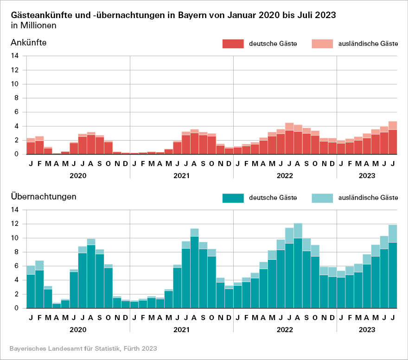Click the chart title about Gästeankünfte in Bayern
(x=173, y=15)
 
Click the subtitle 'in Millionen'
(x=33, y=26)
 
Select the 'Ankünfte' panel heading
(x=29, y=43)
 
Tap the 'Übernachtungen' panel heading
(x=43, y=197)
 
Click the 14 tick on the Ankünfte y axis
(x=15, y=56)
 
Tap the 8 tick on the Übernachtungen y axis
(x=16, y=252)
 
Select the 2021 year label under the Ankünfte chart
(x=181, y=176)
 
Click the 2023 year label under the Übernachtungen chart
(x=367, y=330)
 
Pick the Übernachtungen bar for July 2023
(x=393, y=269)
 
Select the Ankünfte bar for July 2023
(x=393, y=139)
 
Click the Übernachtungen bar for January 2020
(x=31, y=288)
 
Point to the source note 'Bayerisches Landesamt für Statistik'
(x=83, y=348)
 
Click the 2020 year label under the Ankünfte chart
(x=78, y=176)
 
